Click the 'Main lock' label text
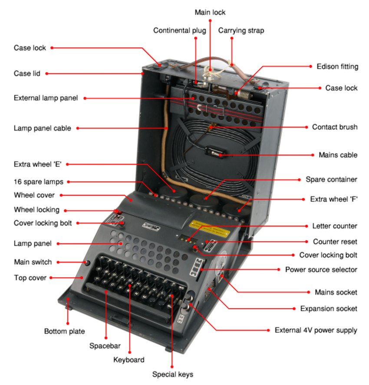tap(210, 12)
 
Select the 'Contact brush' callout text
tap(335, 127)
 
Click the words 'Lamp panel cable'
tap(42, 128)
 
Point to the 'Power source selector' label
tap(321, 269)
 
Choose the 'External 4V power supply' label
tap(316, 330)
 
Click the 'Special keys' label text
tap(172, 374)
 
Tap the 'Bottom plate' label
tap(64, 332)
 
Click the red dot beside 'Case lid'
tap(46, 74)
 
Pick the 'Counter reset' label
tap(335, 241)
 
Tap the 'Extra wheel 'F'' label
tap(333, 199)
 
